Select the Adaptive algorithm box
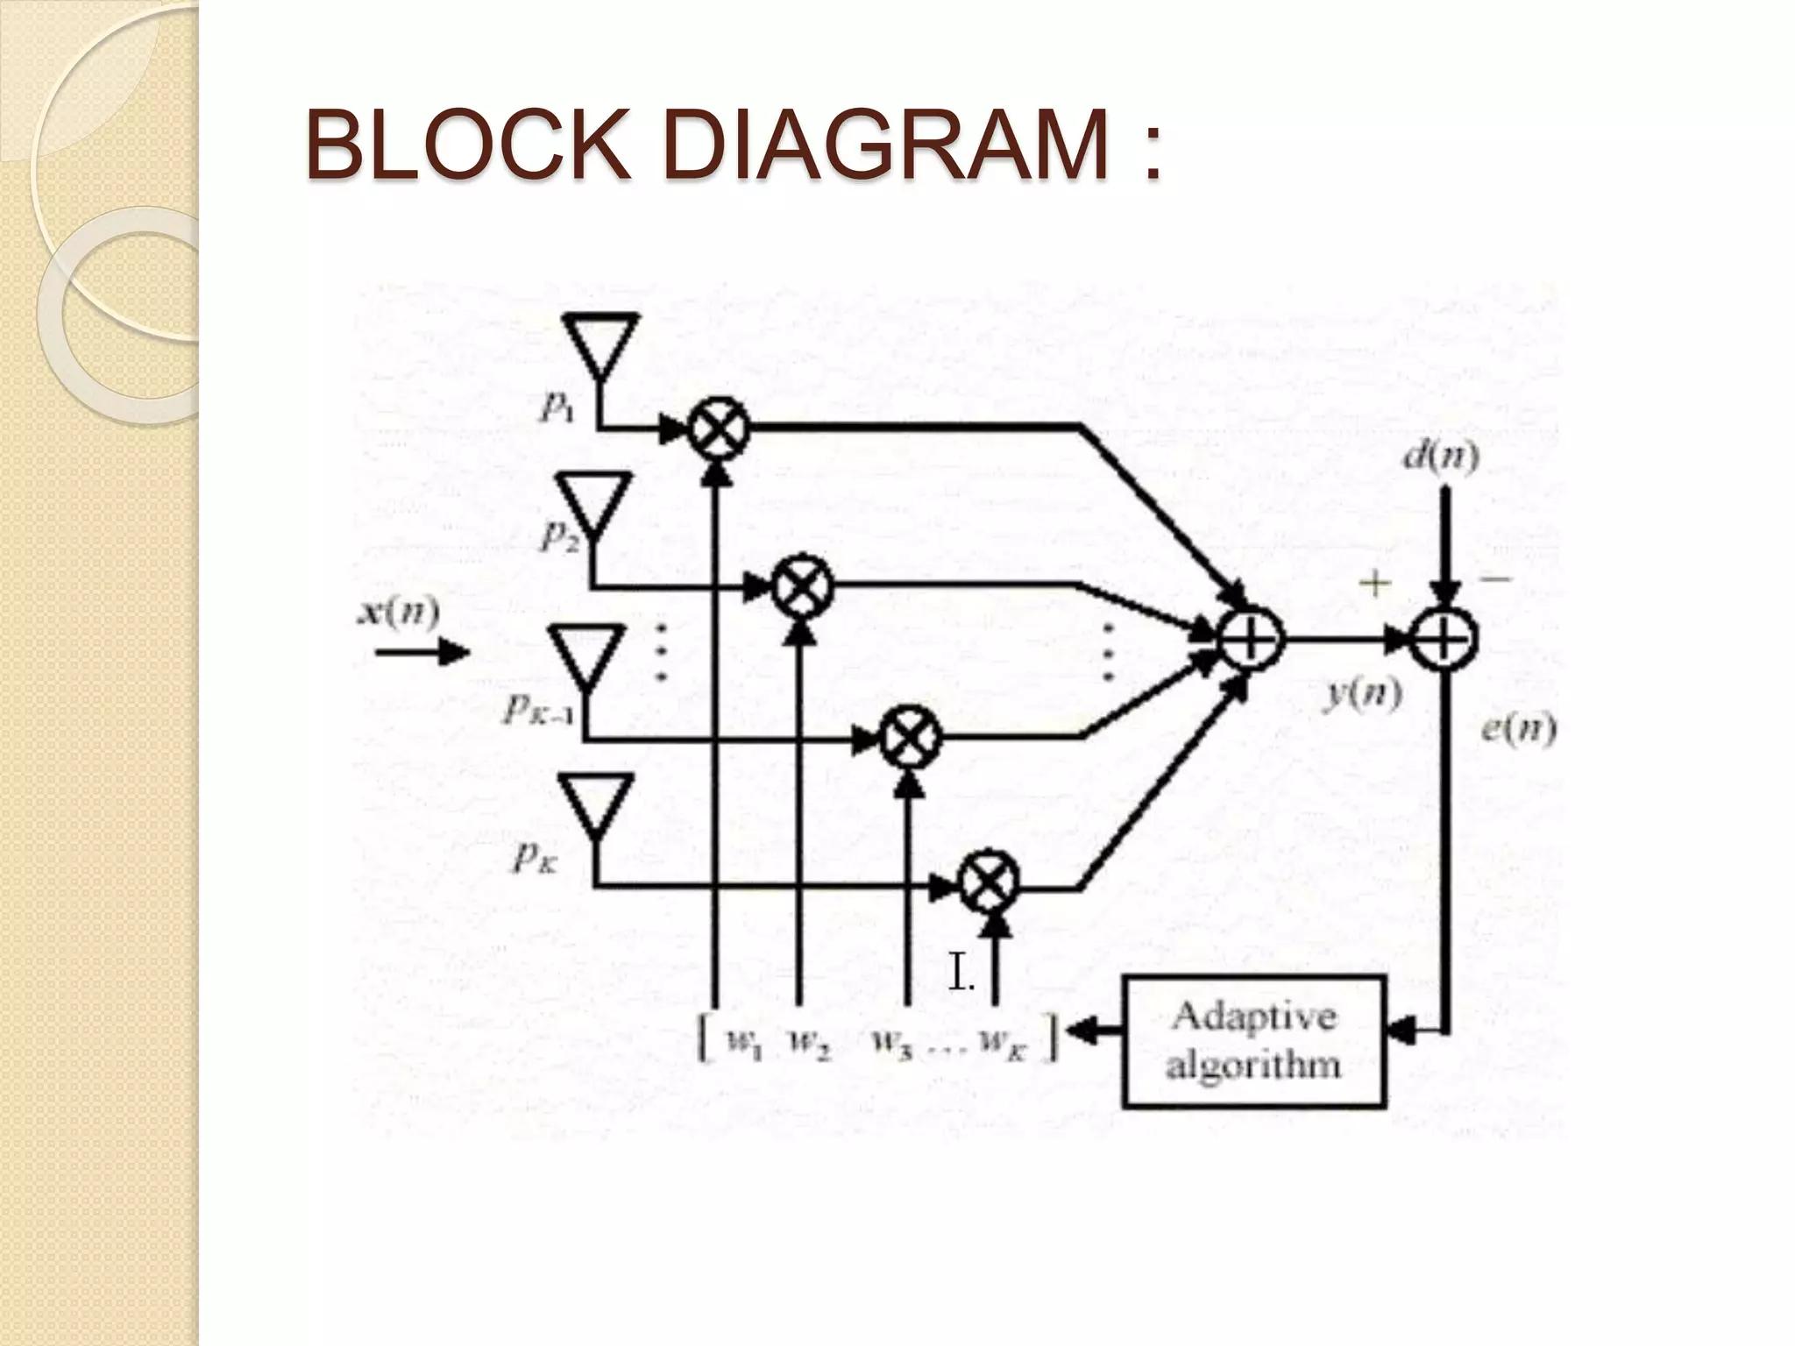point(1253,1041)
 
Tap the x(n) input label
point(398,613)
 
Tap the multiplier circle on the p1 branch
point(718,428)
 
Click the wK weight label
point(1000,1043)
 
